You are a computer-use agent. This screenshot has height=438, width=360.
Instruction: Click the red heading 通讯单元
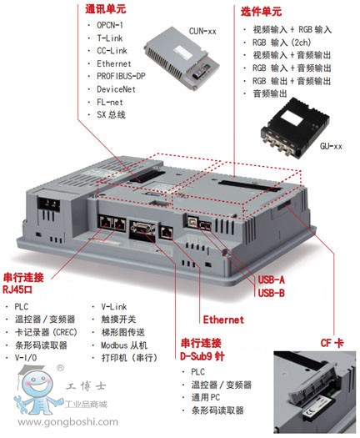106,9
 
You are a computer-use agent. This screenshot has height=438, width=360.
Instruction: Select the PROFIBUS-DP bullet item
121,76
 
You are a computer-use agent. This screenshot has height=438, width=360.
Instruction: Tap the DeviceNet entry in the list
116,89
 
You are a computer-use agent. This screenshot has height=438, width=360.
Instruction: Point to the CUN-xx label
202,31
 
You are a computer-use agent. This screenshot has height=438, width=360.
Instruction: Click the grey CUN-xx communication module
182,58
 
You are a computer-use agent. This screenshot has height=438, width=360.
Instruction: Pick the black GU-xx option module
295,128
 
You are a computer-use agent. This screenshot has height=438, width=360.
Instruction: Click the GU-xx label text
331,146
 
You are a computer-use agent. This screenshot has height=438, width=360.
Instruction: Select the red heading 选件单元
261,12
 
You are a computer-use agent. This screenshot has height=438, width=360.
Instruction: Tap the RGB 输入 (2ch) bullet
282,43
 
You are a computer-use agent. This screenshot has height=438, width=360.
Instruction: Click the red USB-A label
271,279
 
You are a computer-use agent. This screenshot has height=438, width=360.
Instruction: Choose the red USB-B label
271,293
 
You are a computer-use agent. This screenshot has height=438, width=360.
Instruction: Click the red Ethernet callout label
223,320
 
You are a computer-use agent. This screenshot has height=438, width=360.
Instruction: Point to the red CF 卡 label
332,343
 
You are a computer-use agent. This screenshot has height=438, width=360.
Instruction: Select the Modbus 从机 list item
124,345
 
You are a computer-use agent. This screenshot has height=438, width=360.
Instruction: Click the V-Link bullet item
114,307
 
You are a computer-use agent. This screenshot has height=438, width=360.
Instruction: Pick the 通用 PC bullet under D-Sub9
206,397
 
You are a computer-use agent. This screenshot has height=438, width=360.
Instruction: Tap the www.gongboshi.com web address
68,421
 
